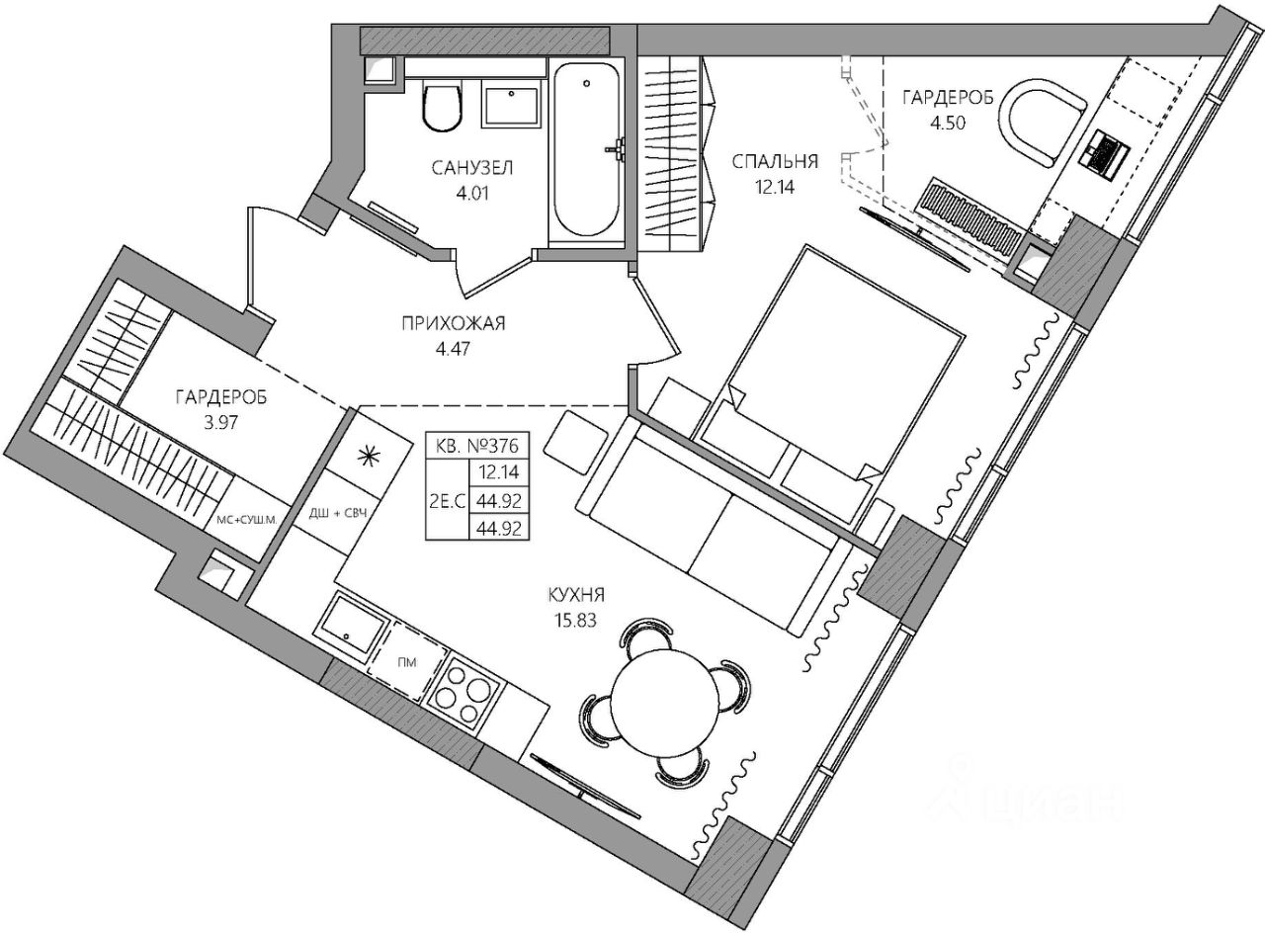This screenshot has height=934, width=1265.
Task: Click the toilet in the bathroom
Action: [x=442, y=107]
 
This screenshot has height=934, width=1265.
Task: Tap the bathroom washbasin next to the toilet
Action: [x=511, y=104]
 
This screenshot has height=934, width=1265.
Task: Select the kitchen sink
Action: [x=351, y=627]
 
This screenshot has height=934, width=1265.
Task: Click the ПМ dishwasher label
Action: [x=407, y=662]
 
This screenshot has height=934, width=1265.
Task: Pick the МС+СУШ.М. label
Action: [x=247, y=520]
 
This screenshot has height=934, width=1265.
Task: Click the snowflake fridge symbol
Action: [x=368, y=456]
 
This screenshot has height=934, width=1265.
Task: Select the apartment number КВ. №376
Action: [x=476, y=445]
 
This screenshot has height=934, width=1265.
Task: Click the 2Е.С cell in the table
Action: [x=447, y=500]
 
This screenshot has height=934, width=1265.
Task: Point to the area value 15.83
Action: [x=575, y=621]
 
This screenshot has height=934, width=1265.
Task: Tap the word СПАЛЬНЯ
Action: [x=775, y=162]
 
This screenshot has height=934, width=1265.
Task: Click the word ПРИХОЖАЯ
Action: [x=454, y=324]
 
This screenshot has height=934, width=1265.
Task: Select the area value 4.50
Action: [x=948, y=123]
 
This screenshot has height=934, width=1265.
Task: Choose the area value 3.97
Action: [x=220, y=422]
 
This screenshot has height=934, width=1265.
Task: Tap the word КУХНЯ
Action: [x=576, y=596]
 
